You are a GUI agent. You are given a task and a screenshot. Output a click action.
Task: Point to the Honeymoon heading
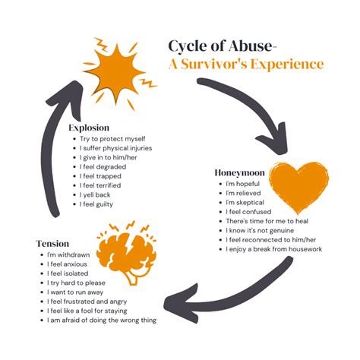tap(238, 173)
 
